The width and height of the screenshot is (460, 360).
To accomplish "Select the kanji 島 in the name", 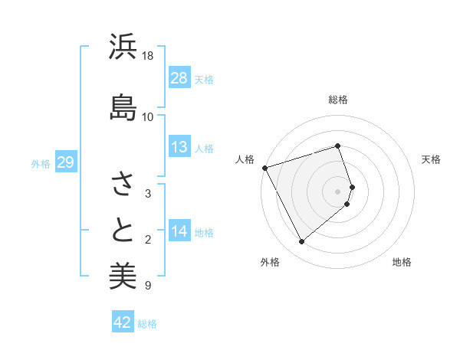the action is coord(123,106).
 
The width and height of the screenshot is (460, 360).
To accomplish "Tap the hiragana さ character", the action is coord(123,185).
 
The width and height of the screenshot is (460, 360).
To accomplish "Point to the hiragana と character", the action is coord(123,230).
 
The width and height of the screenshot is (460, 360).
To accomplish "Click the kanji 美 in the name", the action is coord(123,276).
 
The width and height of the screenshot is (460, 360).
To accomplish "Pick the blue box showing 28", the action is coord(179,78).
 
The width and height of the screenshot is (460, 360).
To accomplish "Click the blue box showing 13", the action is coord(179,147).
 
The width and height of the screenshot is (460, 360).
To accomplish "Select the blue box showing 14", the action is coord(179,231).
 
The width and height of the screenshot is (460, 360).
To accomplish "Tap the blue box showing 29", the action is coord(65,162).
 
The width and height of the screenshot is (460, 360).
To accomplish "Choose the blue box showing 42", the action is coord(123,322).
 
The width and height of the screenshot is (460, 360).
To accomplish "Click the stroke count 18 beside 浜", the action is coord(148,56).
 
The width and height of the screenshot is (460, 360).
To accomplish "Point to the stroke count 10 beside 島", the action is coord(148,116).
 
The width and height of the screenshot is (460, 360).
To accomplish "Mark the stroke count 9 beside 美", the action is coord(148,286).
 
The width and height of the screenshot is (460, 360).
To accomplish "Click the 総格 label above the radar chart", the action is coord(338,100).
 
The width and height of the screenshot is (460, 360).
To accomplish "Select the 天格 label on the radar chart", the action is coord(432,159).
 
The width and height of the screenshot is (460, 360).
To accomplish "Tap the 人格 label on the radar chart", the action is coord(245,159).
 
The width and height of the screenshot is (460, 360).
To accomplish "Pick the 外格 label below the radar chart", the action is coord(270,263).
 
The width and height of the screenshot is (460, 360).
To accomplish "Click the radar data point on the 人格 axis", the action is coord(264,167).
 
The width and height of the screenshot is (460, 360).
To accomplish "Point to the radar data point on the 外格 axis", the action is coord(301,242).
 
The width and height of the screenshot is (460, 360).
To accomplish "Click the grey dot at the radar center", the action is coord(338,191).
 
